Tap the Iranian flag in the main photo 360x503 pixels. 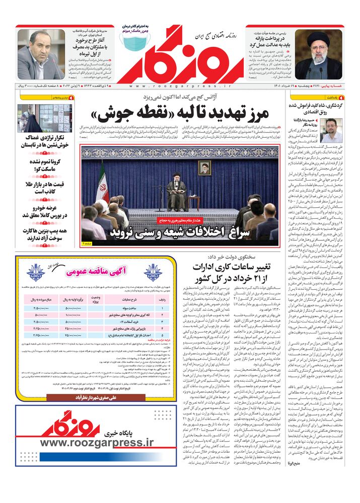pos(102,186)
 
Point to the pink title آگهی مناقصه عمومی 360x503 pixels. pos(96,272)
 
